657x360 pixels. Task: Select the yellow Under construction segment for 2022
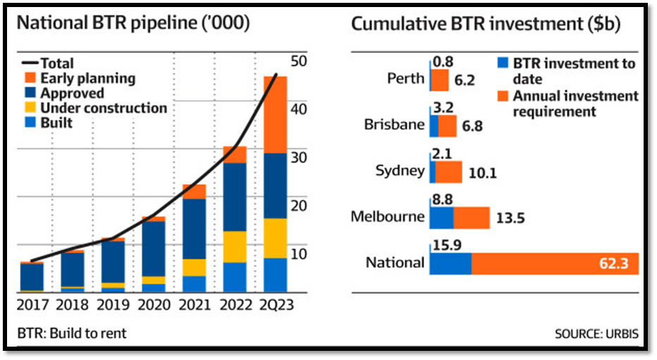point(235,247)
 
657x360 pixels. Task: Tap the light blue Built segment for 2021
point(194,284)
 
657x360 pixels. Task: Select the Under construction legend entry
point(103,108)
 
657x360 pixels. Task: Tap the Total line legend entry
point(57,64)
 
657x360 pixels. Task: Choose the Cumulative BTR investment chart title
point(486,23)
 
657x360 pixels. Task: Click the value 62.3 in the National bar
point(619,264)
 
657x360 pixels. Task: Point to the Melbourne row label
point(388,216)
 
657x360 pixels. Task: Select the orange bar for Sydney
point(448,171)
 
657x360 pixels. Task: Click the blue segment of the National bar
point(450,263)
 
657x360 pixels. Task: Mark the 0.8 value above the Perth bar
point(443,63)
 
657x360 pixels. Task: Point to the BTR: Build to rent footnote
point(71,333)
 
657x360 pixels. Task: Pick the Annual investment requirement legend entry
point(575,103)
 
